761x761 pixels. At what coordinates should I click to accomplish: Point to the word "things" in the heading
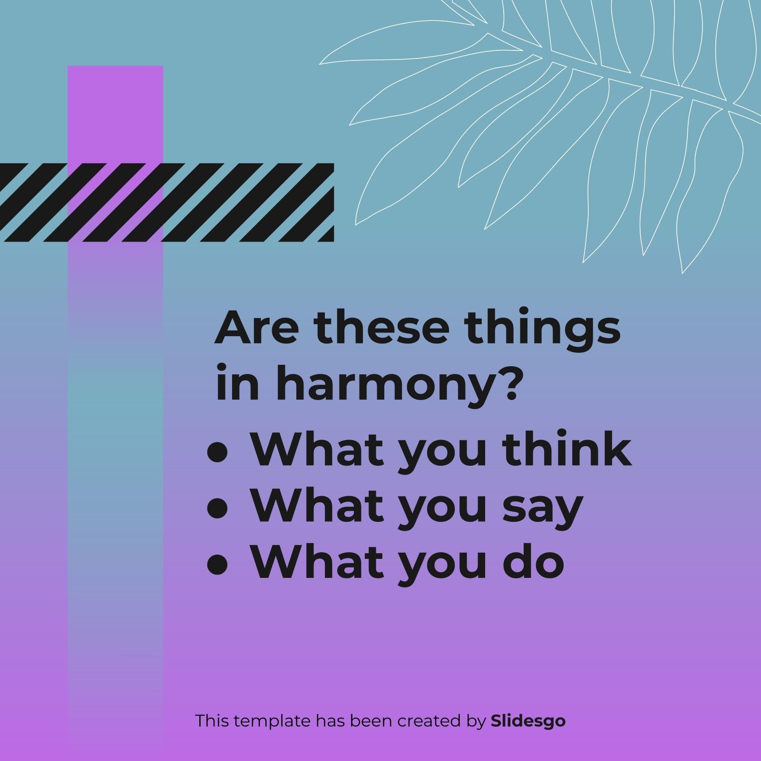[542, 329]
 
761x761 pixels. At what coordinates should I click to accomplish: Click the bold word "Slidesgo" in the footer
[528, 721]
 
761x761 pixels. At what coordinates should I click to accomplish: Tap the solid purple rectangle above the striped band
[115, 114]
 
